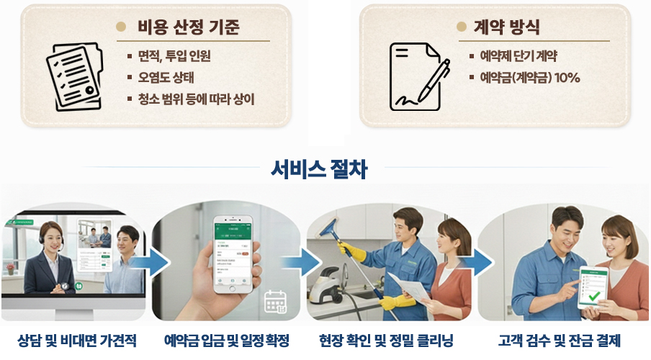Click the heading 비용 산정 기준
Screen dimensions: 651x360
coord(189,27)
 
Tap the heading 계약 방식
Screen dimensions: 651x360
coord(506,27)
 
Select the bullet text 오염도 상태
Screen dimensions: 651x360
coord(166,77)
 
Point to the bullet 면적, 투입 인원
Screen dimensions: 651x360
coord(174,55)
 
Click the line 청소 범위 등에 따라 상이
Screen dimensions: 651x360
coord(196,99)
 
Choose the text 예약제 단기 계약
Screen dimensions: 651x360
coord(518,55)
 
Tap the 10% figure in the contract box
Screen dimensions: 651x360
coord(567,77)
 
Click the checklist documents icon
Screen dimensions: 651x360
coord(75,77)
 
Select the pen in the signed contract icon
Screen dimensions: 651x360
coord(434,80)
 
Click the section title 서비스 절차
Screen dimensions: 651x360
coord(319,169)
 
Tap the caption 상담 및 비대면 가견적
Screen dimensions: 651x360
coord(77,341)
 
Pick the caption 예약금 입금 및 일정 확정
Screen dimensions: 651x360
coord(227,341)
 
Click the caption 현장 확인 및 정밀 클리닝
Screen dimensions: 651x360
coord(386,341)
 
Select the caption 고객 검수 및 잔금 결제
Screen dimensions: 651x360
coord(560,341)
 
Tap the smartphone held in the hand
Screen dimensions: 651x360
coord(233,254)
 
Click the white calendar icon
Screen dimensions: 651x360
coord(275,302)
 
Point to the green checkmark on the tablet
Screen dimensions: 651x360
coord(595,296)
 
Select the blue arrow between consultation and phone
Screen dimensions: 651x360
coord(151,262)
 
